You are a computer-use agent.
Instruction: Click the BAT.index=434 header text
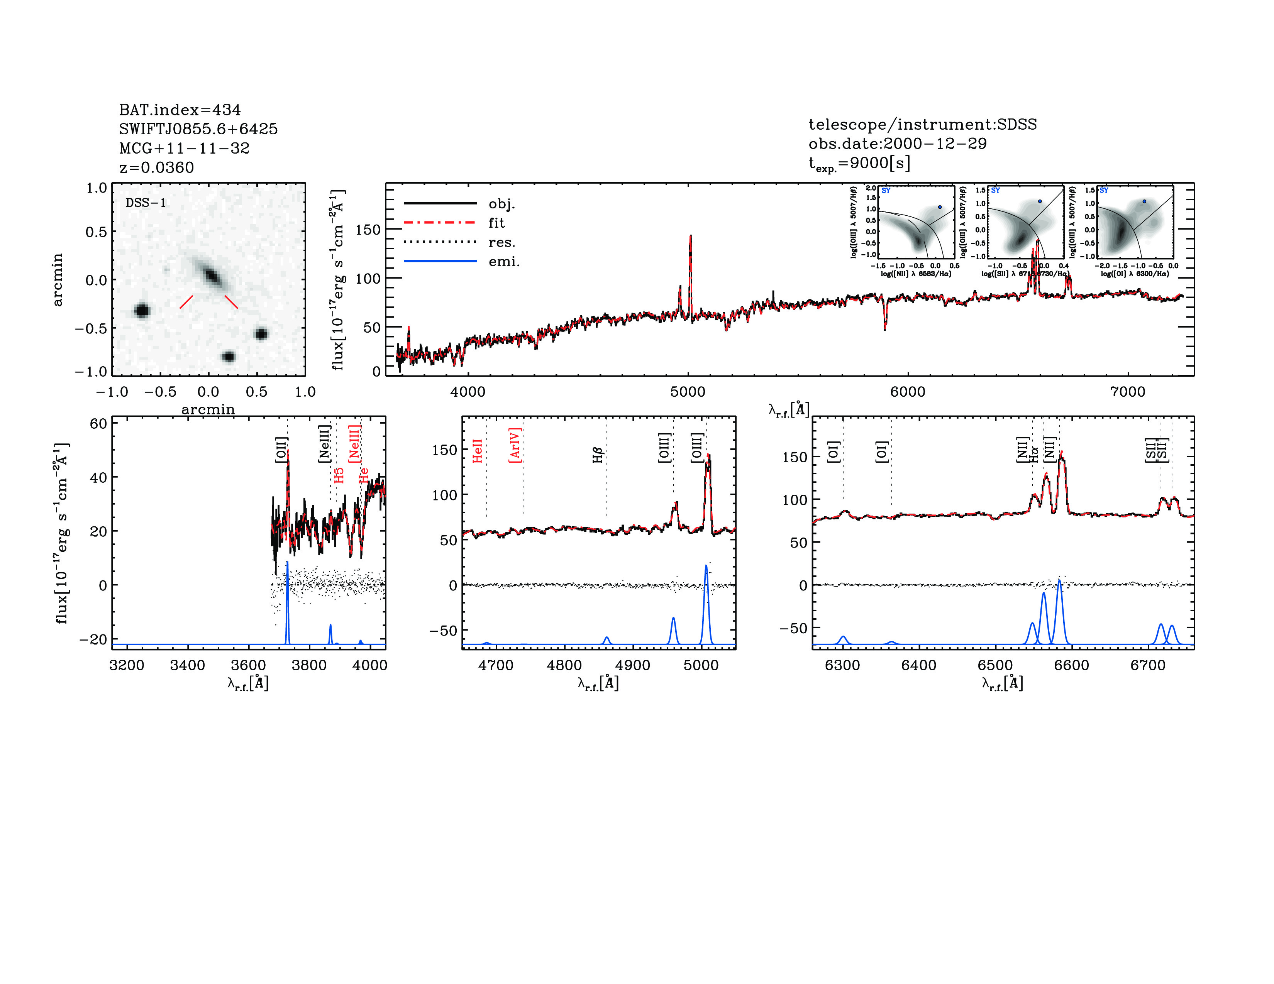[180, 110]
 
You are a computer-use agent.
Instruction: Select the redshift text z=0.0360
[156, 167]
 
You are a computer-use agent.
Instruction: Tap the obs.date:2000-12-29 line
[897, 144]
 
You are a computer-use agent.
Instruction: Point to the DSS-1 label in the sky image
[146, 203]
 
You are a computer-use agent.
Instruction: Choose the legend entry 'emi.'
[503, 262]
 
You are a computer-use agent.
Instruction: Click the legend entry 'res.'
[501, 242]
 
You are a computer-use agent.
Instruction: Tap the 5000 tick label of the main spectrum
[688, 392]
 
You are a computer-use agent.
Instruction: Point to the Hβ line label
[597, 455]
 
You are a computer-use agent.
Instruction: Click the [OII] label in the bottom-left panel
[281, 450]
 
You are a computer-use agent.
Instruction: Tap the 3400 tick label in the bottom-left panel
[187, 665]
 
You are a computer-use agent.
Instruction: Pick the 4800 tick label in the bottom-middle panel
[564, 665]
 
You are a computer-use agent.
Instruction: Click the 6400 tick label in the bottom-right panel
[919, 665]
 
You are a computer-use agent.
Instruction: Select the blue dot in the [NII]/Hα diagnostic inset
[940, 207]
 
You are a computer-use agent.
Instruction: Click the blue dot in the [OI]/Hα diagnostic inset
[1144, 201]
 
